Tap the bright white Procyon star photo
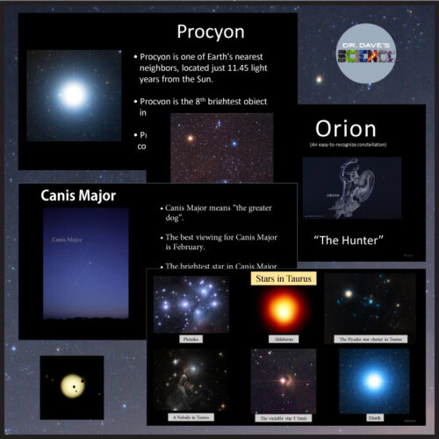point(74,94)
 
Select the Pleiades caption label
point(190,336)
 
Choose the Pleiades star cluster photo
point(191,304)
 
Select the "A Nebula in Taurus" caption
point(190,418)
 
